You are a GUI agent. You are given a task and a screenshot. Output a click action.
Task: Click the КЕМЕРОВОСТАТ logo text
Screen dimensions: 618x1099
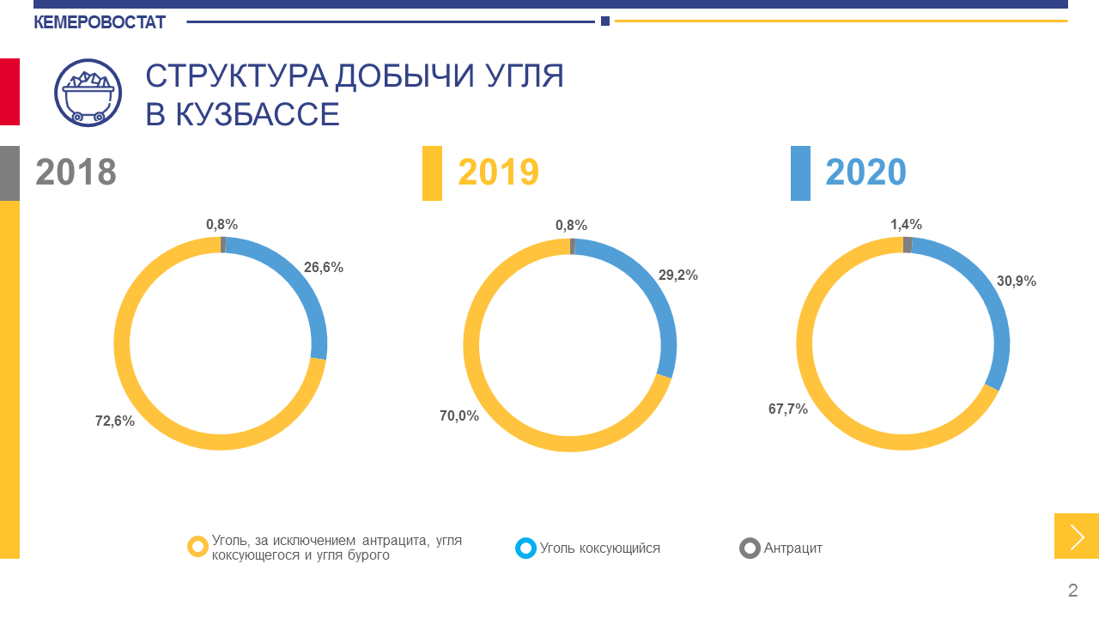100,22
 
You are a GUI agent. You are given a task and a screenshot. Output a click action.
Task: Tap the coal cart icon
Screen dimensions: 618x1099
88,93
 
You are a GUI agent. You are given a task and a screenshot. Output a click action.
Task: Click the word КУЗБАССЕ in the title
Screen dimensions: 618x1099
257,114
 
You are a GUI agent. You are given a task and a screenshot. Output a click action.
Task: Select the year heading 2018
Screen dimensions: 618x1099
76,173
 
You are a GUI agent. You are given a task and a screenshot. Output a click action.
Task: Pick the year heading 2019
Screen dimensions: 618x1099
498,173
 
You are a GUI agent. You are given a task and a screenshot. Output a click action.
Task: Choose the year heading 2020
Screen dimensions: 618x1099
865,173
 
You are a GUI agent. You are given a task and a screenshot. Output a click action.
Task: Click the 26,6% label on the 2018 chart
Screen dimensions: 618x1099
324,267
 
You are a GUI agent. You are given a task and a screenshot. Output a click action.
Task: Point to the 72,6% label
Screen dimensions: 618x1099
115,421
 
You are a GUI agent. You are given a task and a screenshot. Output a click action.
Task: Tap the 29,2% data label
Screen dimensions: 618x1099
678,276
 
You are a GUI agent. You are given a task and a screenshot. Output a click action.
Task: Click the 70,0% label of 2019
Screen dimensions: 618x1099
459,416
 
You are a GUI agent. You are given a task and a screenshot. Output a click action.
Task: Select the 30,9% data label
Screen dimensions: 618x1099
1017,281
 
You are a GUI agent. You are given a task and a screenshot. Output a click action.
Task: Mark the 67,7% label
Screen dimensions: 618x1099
788,409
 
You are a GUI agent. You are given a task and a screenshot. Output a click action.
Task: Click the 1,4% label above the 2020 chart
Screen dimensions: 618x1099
906,225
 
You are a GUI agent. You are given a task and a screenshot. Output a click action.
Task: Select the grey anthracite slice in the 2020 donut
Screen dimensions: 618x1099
908,245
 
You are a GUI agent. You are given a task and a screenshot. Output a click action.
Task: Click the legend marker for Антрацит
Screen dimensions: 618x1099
750,548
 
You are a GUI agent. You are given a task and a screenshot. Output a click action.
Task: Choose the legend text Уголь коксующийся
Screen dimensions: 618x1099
600,548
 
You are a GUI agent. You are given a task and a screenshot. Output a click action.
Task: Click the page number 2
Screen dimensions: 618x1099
1072,591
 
